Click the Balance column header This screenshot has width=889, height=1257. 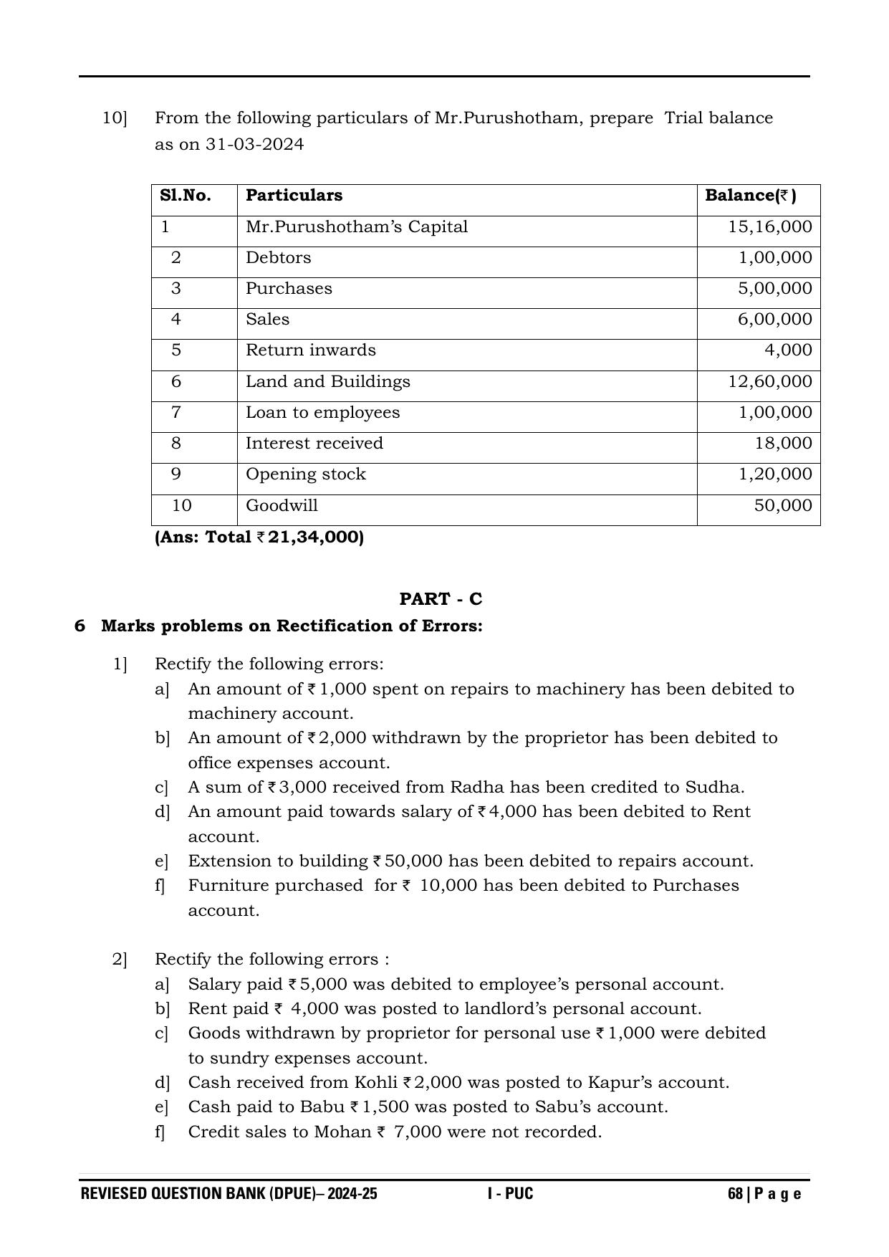coord(750,196)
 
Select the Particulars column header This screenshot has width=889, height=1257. coord(294,196)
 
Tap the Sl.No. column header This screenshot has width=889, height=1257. coord(185,196)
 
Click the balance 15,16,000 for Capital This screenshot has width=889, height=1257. coord(770,227)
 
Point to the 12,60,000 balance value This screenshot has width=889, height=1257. coord(770,381)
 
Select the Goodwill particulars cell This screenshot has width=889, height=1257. coord(282,506)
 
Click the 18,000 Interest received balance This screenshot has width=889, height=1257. coord(783,444)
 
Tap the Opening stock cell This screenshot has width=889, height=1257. coord(305,474)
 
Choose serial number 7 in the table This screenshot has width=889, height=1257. coord(176,413)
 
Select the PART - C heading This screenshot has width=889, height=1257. coord(441,599)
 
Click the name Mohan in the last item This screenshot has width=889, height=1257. coord(347,1132)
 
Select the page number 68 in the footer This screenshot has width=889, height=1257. coord(734,1194)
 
